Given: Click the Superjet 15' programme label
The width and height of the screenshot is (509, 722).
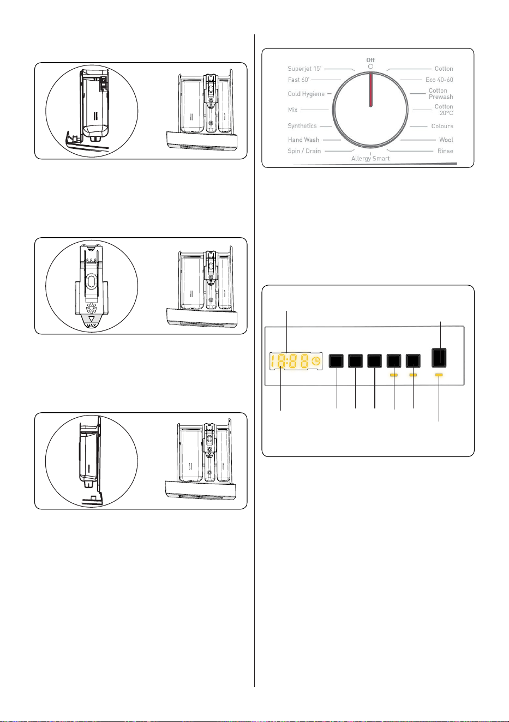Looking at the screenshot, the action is coord(304,69).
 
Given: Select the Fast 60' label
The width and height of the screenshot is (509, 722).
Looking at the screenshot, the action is coord(298,80).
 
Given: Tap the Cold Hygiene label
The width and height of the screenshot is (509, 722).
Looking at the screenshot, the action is coord(306,94).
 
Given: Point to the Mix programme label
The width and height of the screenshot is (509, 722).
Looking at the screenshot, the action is coord(292,110).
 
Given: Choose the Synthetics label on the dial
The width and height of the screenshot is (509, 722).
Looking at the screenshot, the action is coord(302,126).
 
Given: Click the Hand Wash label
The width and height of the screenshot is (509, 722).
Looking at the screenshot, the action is coord(303,140).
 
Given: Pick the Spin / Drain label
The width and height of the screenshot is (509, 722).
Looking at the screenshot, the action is coord(304,151).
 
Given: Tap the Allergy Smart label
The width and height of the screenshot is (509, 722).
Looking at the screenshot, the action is coord(370,159).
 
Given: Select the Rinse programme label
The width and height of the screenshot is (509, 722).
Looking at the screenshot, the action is coord(445,151).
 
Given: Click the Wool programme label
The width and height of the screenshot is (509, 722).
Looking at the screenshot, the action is coord(446,140).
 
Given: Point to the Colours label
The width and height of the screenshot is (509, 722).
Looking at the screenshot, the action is coord(442,126).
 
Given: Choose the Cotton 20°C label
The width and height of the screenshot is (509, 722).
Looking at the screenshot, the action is coord(444,110).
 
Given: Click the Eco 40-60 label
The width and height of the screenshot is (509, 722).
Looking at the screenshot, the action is coord(439,80).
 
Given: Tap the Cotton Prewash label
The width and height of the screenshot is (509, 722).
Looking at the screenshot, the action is coord(441,93).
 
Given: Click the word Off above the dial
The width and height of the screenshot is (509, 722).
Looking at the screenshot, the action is coord(370,60).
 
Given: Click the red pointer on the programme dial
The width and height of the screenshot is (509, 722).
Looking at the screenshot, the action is coord(370,89).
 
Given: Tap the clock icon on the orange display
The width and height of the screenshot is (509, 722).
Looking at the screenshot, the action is coord(316,361).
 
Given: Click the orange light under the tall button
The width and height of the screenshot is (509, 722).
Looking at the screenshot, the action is coord(439,375).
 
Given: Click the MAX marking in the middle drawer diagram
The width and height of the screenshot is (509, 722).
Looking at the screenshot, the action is coord(92,326).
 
